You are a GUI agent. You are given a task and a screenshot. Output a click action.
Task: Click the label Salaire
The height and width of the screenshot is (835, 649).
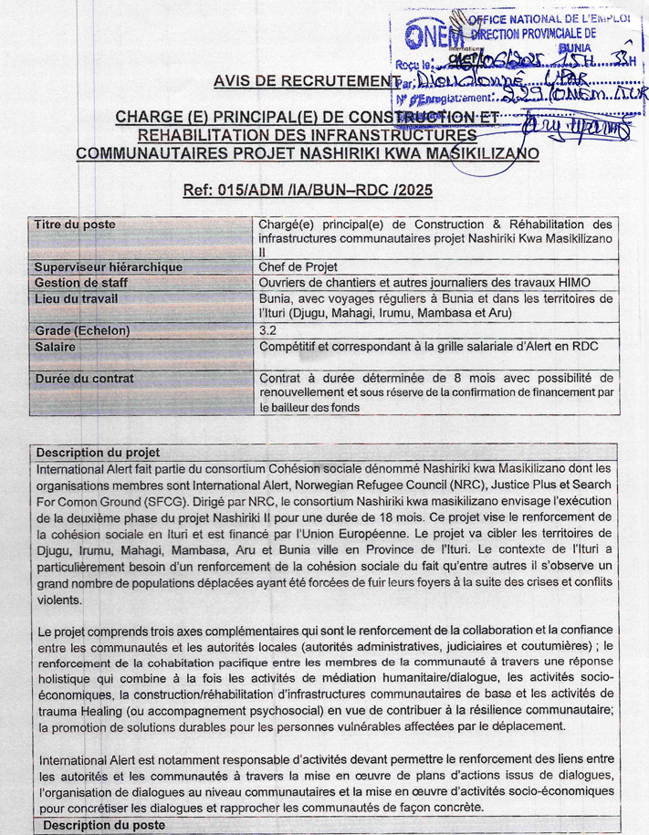pyautogui.click(x=56, y=346)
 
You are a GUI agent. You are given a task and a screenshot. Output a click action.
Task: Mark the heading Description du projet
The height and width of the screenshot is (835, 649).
pyautogui.click(x=98, y=452)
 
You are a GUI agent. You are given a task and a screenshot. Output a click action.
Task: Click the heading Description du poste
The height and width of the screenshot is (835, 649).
pyautogui.click(x=96, y=825)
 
